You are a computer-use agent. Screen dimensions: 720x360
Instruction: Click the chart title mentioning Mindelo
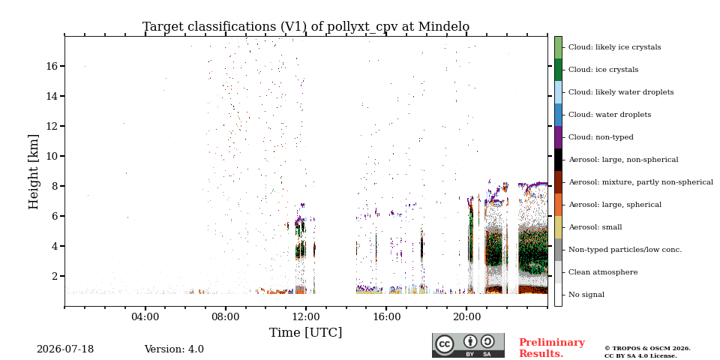306,27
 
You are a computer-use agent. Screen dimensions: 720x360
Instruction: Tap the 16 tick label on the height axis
52,66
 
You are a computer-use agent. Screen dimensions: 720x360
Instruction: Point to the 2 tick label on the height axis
55,276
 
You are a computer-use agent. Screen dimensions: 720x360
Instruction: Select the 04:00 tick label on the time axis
145,316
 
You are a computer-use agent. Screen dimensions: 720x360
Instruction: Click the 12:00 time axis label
306,316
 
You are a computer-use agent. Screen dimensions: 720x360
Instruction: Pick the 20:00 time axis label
466,316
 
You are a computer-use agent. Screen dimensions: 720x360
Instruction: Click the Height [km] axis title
34,172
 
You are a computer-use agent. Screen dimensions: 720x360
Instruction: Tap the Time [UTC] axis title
306,332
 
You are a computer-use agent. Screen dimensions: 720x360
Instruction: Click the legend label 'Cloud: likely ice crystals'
615,47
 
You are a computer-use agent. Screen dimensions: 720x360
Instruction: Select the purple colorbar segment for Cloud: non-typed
558,137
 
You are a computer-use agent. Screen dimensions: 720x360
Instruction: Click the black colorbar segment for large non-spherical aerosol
558,160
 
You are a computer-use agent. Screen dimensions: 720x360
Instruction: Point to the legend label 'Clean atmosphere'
603,272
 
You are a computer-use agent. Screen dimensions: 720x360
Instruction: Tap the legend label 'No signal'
586,295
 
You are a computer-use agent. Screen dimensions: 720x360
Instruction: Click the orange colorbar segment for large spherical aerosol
558,205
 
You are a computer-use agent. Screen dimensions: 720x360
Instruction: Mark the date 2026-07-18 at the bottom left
65,349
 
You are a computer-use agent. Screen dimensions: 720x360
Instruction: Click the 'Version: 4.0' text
174,349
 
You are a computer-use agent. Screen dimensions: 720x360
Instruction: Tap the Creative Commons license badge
468,345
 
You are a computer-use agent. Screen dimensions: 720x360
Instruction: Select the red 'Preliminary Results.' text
552,348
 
